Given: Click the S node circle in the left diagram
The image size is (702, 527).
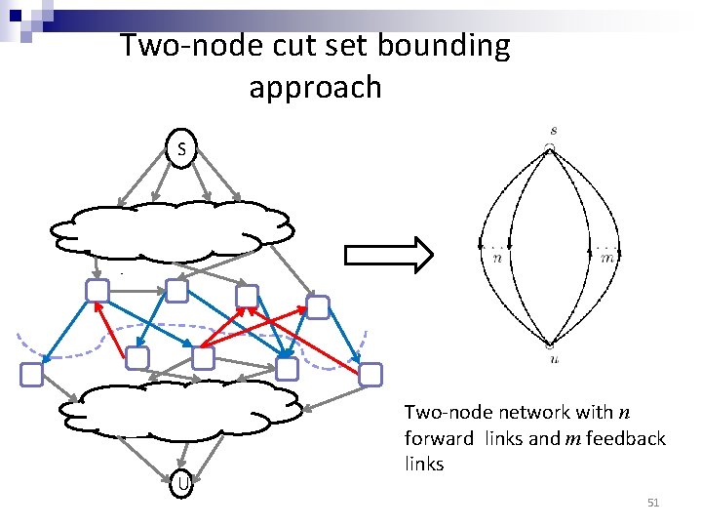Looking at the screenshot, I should [x=181, y=149].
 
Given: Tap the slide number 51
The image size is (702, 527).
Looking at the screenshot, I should [x=653, y=503].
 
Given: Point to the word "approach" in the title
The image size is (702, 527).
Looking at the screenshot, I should [x=315, y=88].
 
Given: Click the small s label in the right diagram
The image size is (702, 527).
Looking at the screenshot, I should [x=554, y=130].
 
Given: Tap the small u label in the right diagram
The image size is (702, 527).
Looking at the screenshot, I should [x=553, y=359].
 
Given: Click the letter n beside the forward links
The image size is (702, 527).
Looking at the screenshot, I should [x=497, y=259].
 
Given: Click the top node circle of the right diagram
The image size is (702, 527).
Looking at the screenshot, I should [x=551, y=147].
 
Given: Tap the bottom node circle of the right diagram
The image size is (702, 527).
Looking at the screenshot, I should [x=551, y=345].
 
